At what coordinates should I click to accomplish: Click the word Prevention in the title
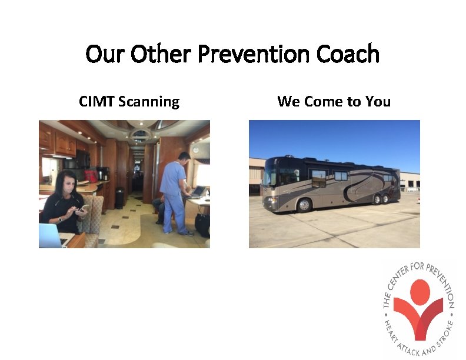(x=254, y=55)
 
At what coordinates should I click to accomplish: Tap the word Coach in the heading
(x=348, y=55)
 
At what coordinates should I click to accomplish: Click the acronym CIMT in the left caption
(x=96, y=102)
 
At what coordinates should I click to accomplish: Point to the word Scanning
(x=149, y=102)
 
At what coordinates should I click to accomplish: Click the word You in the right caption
(x=378, y=102)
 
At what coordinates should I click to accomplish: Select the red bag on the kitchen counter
(x=91, y=176)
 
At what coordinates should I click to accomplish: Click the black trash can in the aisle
(x=119, y=198)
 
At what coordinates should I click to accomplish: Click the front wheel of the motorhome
(x=304, y=205)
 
